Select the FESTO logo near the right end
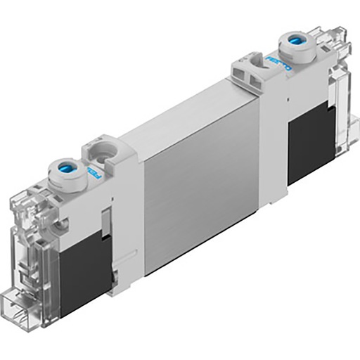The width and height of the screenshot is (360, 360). [279, 66]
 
